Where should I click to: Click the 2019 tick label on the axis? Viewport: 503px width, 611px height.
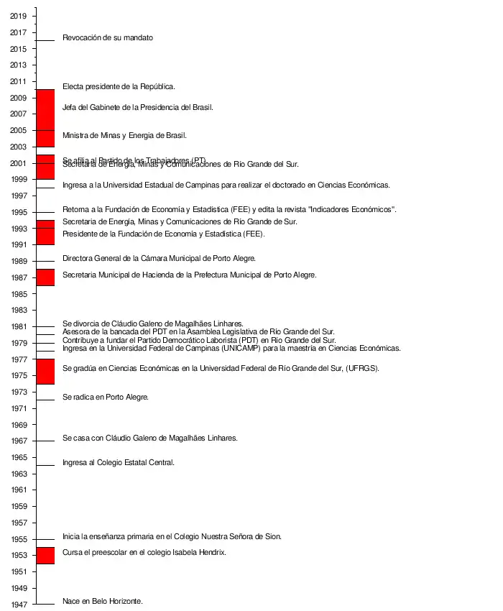(x=19, y=16)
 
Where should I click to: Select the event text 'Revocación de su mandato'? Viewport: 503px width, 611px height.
(x=108, y=37)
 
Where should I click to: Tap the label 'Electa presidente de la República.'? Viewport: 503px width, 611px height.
(x=119, y=86)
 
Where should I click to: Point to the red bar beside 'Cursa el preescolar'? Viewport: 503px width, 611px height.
(x=45, y=555)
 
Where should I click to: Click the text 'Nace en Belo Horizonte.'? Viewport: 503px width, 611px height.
(x=103, y=601)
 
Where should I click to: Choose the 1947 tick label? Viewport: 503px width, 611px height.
(x=19, y=605)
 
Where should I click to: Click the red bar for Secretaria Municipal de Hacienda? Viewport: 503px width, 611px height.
(x=45, y=277)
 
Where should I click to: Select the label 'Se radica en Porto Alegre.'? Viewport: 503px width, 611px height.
(x=106, y=397)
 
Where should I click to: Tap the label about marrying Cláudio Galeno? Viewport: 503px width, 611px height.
(x=149, y=438)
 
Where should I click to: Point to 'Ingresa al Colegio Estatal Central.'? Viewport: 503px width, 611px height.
(x=119, y=462)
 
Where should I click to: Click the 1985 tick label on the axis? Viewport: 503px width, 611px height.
(x=19, y=294)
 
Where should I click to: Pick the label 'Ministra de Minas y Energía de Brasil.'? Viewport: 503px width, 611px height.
(x=124, y=135)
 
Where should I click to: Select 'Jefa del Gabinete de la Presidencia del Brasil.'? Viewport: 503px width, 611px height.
(x=138, y=107)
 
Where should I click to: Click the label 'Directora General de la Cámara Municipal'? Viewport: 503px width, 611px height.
(x=159, y=258)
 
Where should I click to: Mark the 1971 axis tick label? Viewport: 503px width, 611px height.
(x=19, y=408)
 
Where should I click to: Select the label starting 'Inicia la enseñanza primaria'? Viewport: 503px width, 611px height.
(x=172, y=536)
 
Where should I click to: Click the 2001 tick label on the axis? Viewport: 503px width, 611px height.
(x=19, y=163)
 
